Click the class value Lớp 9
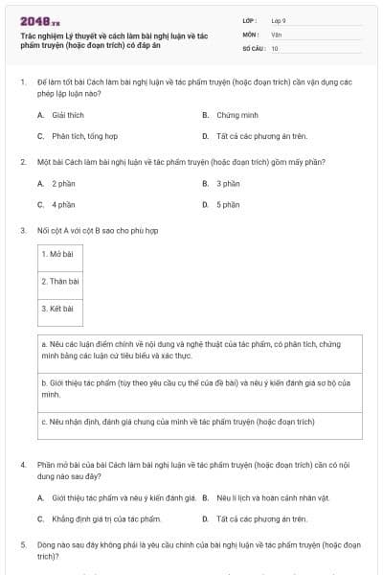click(x=279, y=20)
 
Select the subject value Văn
click(x=276, y=34)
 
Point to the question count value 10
click(x=275, y=47)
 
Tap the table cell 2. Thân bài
click(x=60, y=281)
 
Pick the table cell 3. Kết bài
click(x=59, y=309)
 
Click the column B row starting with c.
click(x=201, y=421)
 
